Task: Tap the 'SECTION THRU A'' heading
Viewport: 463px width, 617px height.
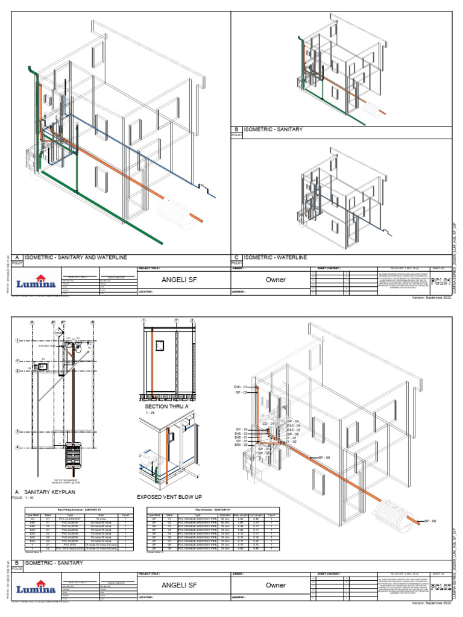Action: click(x=165, y=407)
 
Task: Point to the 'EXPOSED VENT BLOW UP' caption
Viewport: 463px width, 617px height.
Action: click(x=168, y=497)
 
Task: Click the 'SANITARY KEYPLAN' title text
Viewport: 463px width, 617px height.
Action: click(x=51, y=492)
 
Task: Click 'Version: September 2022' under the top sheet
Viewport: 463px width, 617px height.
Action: click(x=430, y=298)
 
